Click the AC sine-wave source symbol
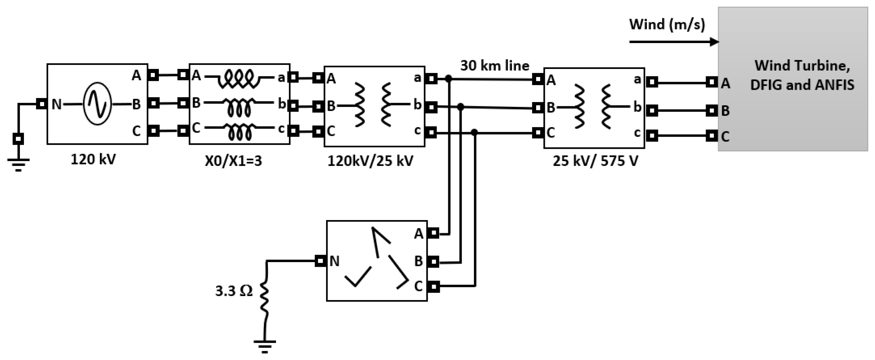click(98, 104)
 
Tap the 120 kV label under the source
click(93, 159)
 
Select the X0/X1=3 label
click(233, 160)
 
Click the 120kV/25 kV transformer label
click(370, 160)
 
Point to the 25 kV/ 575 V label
click(595, 160)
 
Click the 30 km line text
click(495, 66)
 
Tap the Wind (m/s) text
click(667, 25)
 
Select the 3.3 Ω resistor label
click(234, 291)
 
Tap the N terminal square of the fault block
click(320, 261)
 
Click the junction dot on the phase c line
click(475, 132)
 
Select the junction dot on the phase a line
click(448, 79)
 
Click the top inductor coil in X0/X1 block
click(240, 78)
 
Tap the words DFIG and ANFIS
click(802, 85)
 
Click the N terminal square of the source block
click(41, 104)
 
